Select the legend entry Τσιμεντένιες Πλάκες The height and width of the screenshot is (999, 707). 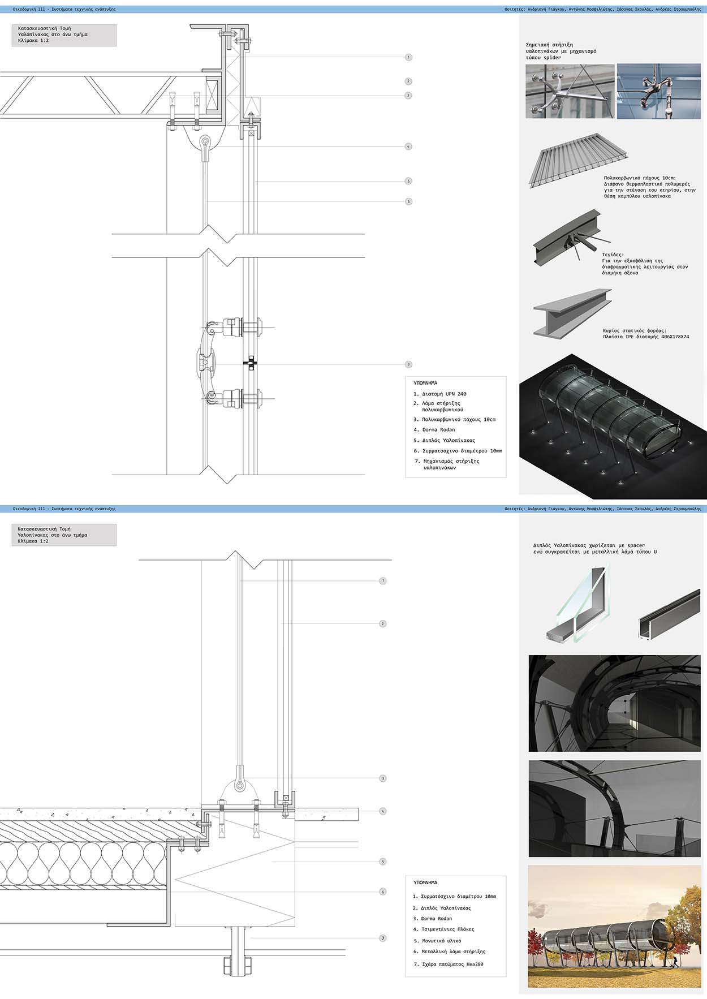pyautogui.click(x=447, y=929)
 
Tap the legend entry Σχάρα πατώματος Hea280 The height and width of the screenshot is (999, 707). pyautogui.click(x=452, y=964)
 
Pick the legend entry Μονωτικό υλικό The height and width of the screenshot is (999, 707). pyautogui.click(x=441, y=941)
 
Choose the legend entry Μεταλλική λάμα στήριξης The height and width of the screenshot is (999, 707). pyautogui.click(x=453, y=951)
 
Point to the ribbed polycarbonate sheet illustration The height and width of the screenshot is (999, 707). pyautogui.click(x=578, y=158)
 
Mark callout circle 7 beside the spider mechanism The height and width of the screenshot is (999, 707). pyautogui.click(x=408, y=364)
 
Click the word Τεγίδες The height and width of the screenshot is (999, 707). pyautogui.click(x=613, y=255)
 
